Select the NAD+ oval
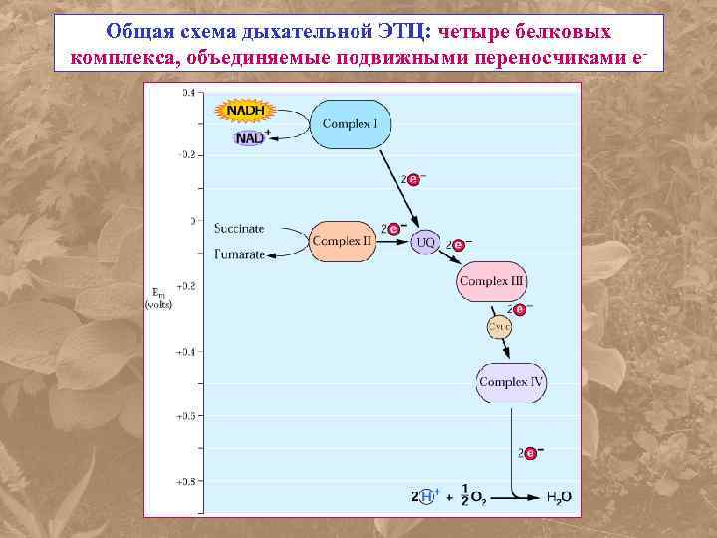(249, 137)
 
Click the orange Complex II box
(342, 241)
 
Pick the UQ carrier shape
(425, 242)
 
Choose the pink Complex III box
(491, 282)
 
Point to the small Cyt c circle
(499, 327)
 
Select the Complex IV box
(511, 382)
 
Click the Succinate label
(239, 229)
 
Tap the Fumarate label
(239, 254)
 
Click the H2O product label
(560, 495)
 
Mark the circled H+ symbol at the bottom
(428, 495)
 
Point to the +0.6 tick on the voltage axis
(187, 415)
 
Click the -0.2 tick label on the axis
(186, 155)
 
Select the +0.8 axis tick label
(187, 481)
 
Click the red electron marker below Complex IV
(530, 453)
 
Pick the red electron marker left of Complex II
(394, 229)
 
